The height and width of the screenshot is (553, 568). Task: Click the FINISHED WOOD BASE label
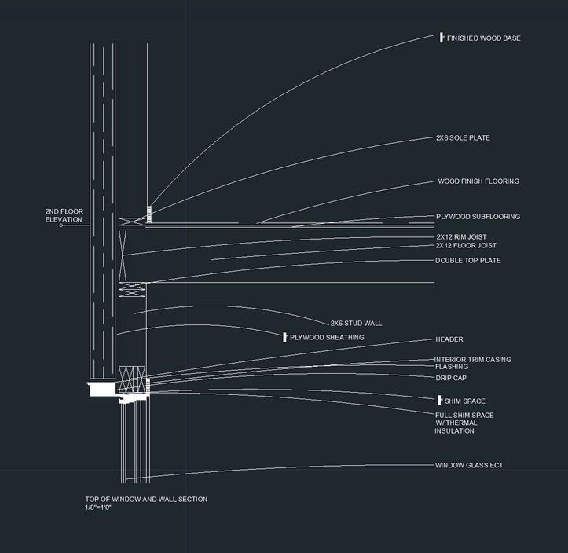coord(483,38)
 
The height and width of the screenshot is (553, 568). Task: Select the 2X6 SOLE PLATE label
coord(463,138)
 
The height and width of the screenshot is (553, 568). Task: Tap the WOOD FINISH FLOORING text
coord(478,181)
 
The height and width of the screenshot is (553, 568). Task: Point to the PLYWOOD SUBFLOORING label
coord(478,217)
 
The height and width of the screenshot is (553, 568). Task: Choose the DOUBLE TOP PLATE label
coord(467,261)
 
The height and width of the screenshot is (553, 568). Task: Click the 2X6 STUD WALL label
coord(356,323)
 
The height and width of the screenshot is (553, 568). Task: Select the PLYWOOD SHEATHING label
coord(327,338)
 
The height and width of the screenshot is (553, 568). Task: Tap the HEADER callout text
coord(449,339)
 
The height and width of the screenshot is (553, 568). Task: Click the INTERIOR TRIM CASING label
coord(473,360)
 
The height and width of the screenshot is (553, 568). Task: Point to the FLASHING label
coord(452,367)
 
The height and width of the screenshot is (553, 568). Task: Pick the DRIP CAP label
coord(451,378)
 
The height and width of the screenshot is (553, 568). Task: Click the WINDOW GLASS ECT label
coord(469,466)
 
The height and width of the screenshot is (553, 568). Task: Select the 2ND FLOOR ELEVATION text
coord(64,215)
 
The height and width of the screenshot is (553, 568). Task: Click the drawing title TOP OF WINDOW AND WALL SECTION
coord(146,500)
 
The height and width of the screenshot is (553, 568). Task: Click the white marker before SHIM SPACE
coord(440,401)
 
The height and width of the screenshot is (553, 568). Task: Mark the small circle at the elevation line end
coord(61,226)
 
